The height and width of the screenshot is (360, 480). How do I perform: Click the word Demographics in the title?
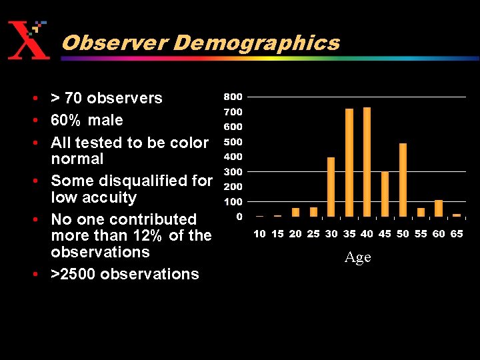(257, 43)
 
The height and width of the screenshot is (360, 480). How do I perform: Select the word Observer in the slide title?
(114, 43)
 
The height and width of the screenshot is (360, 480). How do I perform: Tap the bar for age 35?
(349, 162)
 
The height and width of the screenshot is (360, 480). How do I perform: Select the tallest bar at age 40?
(367, 161)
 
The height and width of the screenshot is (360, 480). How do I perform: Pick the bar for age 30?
(331, 187)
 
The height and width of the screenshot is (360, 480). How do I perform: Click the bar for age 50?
(403, 180)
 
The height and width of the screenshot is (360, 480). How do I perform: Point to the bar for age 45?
(385, 194)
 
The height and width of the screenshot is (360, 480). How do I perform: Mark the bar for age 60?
(439, 208)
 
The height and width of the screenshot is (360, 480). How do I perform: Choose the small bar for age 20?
(295, 212)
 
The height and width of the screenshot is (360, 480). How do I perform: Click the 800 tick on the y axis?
(233, 97)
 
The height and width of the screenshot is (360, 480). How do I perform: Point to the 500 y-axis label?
(233, 141)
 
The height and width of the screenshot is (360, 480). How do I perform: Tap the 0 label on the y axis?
(239, 217)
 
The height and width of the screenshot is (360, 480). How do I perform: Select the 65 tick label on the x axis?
(457, 234)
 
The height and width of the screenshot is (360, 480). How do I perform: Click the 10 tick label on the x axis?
(259, 234)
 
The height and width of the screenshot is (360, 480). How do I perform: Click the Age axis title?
(357, 257)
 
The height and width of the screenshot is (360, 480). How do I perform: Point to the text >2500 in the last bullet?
(73, 274)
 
